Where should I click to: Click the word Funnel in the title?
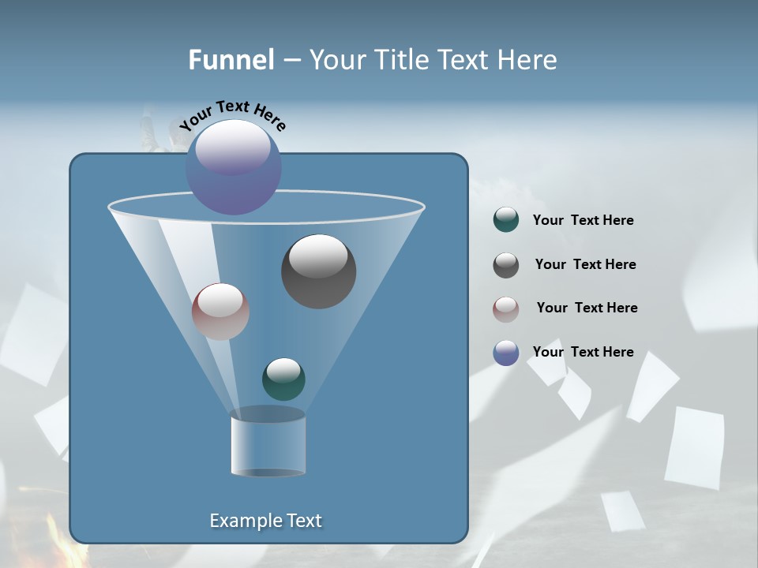[231, 60]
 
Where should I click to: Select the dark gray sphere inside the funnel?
[318, 271]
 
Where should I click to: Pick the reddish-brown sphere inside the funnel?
[220, 312]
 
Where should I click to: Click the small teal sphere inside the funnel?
[283, 379]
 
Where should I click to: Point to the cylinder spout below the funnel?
[268, 443]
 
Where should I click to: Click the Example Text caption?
[266, 521]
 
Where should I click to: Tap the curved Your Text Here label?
[232, 114]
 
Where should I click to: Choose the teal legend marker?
[506, 220]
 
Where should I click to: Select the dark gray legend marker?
[506, 264]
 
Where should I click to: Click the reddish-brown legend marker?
[506, 308]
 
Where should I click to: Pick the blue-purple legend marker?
[506, 353]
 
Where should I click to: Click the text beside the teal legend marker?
[583, 221]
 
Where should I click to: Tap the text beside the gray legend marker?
[585, 265]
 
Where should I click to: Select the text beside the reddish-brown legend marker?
[587, 308]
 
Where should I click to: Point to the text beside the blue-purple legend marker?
[583, 353]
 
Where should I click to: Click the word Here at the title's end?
[527, 60]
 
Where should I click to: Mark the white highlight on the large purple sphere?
[233, 146]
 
